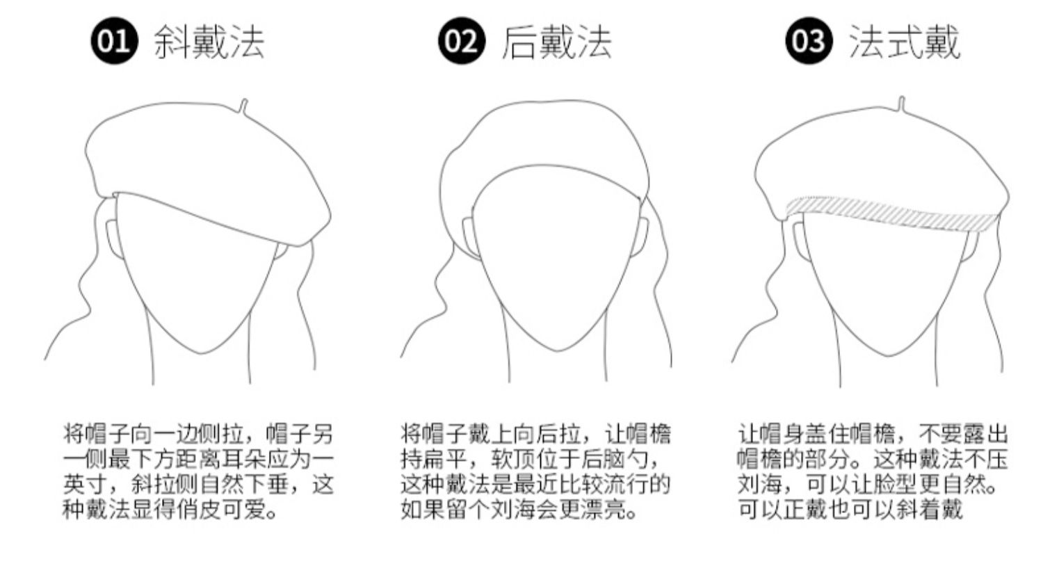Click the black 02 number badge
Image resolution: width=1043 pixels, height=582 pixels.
[x=461, y=42]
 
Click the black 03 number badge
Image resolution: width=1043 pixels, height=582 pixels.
[x=809, y=42]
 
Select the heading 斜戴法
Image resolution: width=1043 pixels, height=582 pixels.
[x=209, y=42]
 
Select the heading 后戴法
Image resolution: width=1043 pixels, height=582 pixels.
[x=556, y=42]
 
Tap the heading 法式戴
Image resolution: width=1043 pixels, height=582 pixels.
[x=904, y=42]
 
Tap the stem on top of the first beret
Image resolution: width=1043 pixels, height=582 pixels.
[x=243, y=106]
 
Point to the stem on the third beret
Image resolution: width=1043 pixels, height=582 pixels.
[x=902, y=105]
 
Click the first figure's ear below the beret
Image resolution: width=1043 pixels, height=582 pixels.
[x=111, y=240]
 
